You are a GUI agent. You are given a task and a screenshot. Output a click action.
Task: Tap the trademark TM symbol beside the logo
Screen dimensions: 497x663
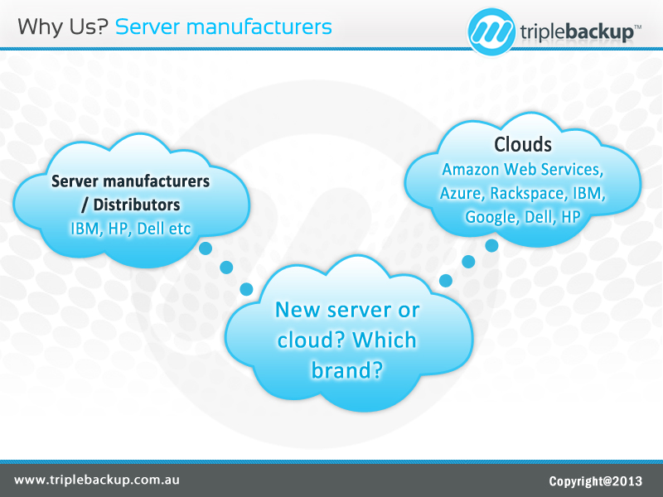click(x=637, y=27)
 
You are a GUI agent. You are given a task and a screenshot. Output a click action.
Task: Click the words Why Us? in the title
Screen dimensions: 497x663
click(x=62, y=27)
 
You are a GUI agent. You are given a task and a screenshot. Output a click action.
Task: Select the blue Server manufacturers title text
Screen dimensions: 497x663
click(x=224, y=27)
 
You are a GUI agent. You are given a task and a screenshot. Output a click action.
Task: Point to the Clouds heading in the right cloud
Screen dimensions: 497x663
click(x=523, y=144)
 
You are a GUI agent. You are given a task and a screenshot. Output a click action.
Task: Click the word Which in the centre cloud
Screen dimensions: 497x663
click(x=385, y=340)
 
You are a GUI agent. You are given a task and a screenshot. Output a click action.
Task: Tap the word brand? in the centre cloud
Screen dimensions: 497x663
click(x=346, y=369)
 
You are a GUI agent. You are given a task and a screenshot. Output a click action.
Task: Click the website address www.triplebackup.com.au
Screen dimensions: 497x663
click(x=97, y=480)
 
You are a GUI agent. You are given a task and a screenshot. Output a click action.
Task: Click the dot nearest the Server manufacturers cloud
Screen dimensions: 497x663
click(x=206, y=248)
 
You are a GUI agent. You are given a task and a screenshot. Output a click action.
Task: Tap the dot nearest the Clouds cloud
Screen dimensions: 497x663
click(x=491, y=245)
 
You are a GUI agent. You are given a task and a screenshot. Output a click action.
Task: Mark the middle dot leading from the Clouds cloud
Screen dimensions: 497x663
click(x=469, y=262)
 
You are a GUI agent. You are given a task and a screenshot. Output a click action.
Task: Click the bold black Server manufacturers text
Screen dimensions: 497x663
click(x=130, y=181)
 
